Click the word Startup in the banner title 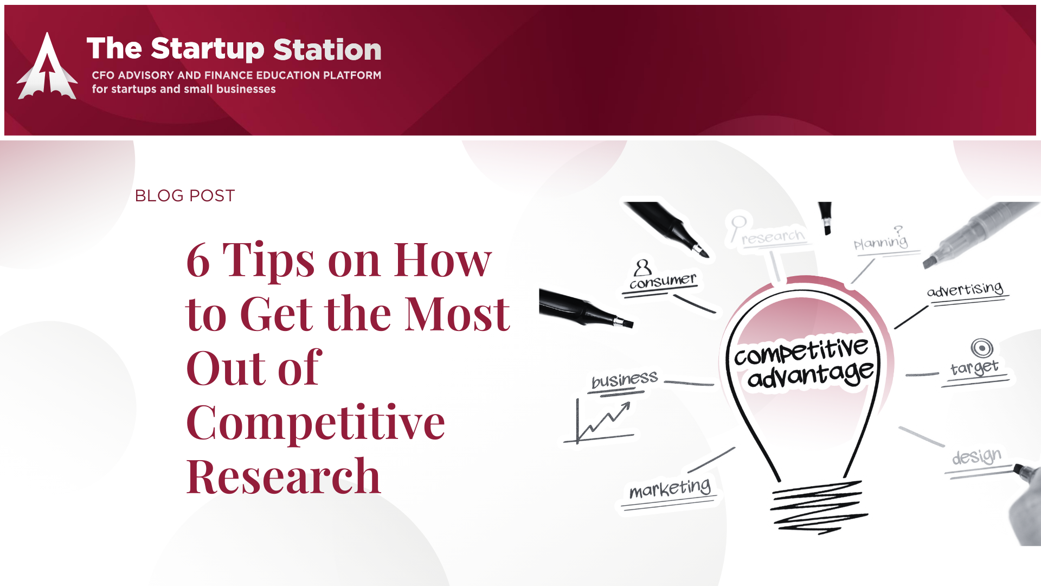208,49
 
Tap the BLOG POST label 185,195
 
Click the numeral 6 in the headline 198,260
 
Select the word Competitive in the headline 316,423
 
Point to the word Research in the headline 284,476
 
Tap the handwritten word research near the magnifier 773,237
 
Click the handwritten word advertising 965,289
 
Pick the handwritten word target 974,367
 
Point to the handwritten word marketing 670,489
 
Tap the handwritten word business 625,379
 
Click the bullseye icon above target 982,348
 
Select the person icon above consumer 642,267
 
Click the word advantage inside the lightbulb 811,374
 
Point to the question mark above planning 898,230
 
